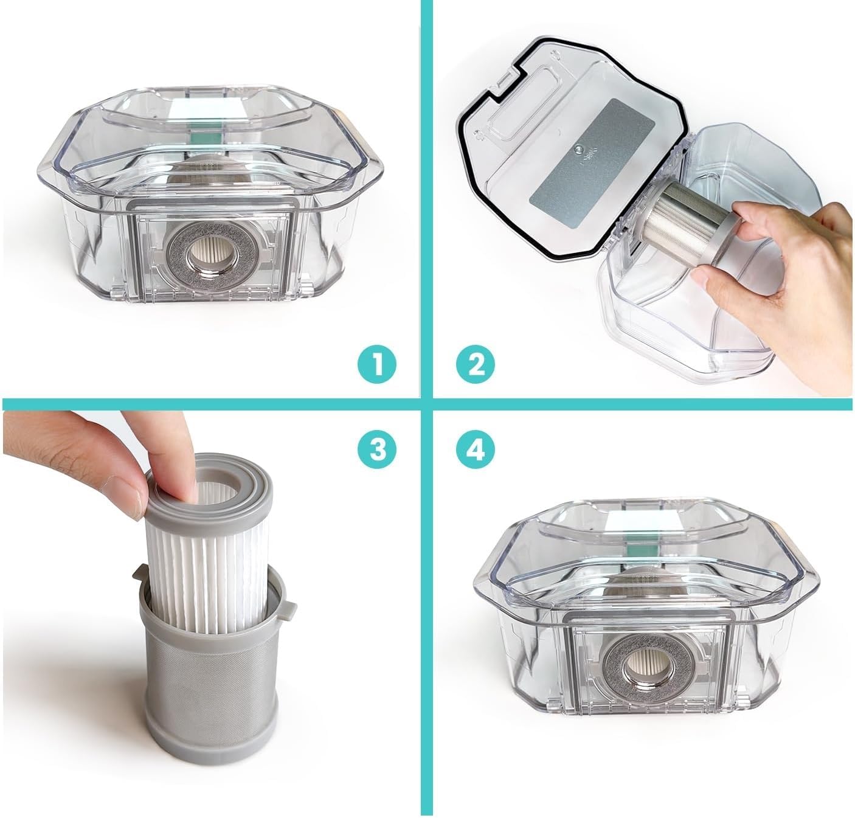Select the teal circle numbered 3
(x=377, y=449)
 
